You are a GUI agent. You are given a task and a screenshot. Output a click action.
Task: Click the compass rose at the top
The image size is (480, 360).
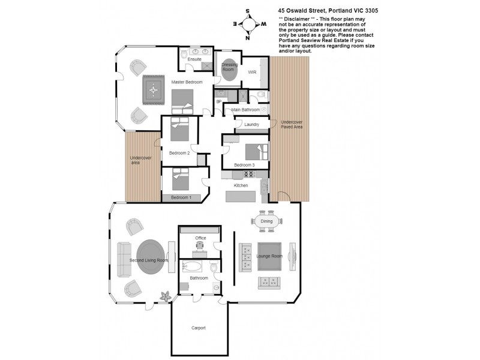pyautogui.click(x=248, y=24)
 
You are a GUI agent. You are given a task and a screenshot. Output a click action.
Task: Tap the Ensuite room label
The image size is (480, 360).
pyautogui.click(x=194, y=59)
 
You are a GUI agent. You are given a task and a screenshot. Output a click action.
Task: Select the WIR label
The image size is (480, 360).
pyautogui.click(x=253, y=71)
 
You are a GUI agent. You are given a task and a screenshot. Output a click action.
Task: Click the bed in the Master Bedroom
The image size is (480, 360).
pyautogui.click(x=183, y=101)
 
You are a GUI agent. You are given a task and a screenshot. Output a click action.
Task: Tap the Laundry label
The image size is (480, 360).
pyautogui.click(x=251, y=124)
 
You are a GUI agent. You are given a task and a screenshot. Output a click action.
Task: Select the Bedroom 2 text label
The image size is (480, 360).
pyautogui.click(x=179, y=153)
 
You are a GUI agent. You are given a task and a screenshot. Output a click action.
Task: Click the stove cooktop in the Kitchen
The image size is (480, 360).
pyautogui.click(x=248, y=174)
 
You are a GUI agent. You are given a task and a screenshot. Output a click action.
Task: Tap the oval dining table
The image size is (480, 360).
pyautogui.click(x=266, y=221)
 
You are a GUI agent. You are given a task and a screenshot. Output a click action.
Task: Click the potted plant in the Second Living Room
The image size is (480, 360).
pyautogui.click(x=166, y=295)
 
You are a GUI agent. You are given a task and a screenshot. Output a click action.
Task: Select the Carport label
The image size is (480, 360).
pyautogui.click(x=199, y=328)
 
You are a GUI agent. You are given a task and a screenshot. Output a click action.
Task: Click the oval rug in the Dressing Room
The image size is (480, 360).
pyautogui.click(x=229, y=70)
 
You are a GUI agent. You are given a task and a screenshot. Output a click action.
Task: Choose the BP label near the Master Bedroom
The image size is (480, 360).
pyautogui.click(x=218, y=101)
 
